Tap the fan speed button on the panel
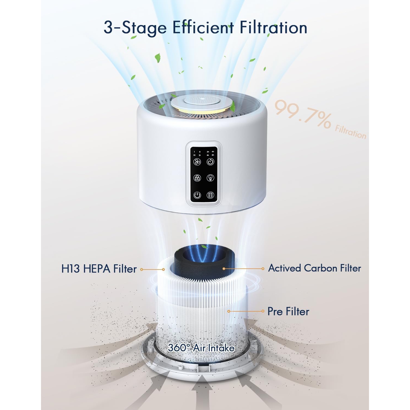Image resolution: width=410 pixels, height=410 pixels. point(197,162)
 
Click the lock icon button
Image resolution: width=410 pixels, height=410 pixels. point(197,178)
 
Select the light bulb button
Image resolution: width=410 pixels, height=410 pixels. point(210,178)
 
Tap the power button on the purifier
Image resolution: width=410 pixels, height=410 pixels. point(197,195)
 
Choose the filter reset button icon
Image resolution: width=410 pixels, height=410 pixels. point(210,195)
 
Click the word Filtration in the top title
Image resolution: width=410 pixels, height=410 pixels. point(273,28)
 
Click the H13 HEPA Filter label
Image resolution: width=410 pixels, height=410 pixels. point(99,269)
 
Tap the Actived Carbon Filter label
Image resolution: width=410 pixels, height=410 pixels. point(314,268)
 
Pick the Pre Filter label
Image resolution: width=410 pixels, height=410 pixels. point(288,311)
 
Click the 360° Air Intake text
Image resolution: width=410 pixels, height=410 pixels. point(201,348)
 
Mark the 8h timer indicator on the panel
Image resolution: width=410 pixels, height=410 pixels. point(213,155)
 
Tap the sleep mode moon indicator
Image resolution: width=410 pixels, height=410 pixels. point(200,155)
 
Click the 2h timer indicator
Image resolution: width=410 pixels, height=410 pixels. point(208,151)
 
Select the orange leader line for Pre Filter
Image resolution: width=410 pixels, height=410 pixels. point(246,311)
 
